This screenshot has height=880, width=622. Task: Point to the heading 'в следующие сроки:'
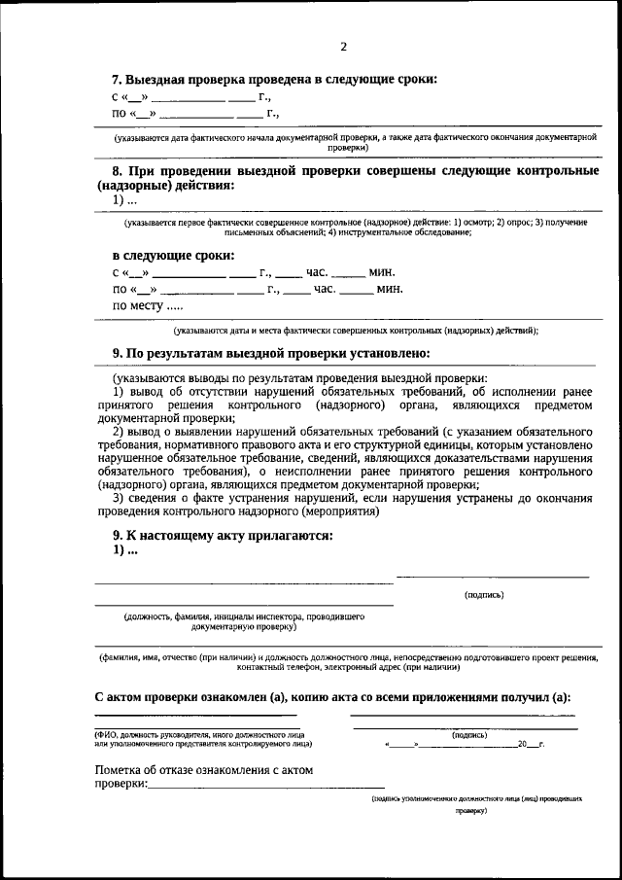pyautogui.click(x=173, y=256)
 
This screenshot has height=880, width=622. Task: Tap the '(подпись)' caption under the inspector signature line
pyautogui.click(x=484, y=594)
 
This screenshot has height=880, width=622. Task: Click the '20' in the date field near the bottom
pyautogui.click(x=523, y=744)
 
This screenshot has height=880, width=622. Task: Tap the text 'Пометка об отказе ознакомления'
pyautogui.click(x=204, y=770)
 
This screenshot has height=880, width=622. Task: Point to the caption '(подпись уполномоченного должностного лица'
pyautogui.click(x=476, y=797)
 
